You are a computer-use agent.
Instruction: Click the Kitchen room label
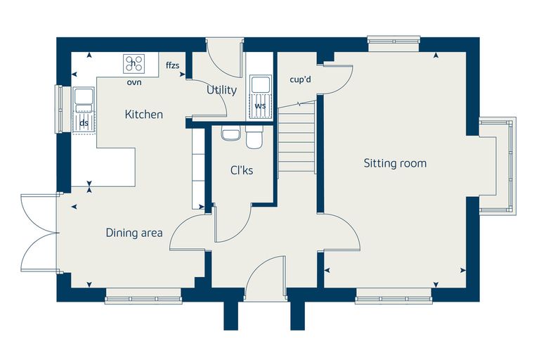[144, 114]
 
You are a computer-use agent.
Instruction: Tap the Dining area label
[134, 233]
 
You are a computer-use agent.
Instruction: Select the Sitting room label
[395, 163]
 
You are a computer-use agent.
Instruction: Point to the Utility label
[222, 90]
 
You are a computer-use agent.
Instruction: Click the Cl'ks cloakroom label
[242, 170]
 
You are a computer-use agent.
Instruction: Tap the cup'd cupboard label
[301, 79]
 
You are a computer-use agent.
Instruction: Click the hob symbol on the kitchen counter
[133, 63]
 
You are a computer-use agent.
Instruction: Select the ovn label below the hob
[134, 82]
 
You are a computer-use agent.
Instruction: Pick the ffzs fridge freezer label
[173, 65]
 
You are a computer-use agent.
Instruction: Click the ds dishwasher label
[84, 123]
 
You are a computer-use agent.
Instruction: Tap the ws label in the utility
[260, 106]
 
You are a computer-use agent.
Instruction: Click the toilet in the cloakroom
[254, 137]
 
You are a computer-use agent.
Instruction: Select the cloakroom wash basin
[231, 133]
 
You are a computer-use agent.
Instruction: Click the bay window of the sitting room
[497, 166]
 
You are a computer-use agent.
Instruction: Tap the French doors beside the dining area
[39, 233]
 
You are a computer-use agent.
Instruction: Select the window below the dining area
[143, 296]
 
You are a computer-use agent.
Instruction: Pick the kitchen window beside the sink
[59, 109]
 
